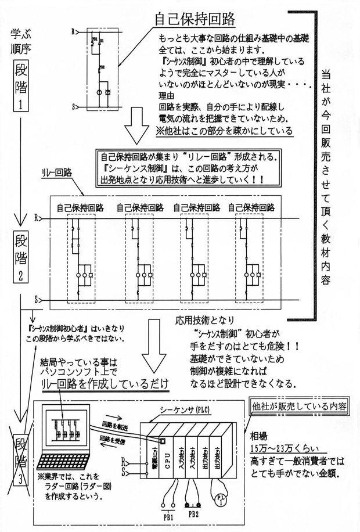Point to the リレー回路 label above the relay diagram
coord(56,172)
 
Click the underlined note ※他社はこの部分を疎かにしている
coord(225,131)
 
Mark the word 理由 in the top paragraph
coord(165,96)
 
